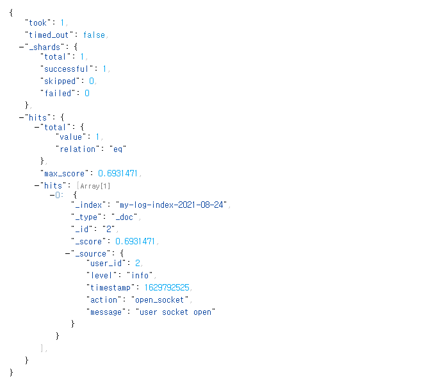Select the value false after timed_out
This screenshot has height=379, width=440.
94,35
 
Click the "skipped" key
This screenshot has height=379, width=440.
61,81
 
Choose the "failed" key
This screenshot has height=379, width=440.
58,93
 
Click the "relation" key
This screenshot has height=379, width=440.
79,149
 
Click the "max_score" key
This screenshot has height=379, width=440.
66,174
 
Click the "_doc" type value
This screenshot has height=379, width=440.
125,217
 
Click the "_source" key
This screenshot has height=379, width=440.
92,253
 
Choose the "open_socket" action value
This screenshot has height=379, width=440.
160,299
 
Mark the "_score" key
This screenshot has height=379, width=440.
90,241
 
